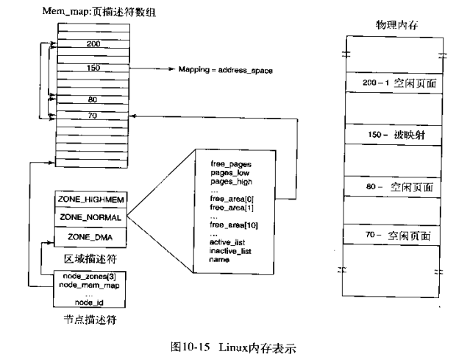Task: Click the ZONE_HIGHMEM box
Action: coord(88,200)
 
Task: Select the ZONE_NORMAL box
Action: coord(88,218)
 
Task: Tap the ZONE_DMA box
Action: coord(88,237)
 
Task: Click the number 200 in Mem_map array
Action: coord(93,45)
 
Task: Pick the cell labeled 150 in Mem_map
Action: coord(93,68)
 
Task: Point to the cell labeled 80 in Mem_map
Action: coord(93,99)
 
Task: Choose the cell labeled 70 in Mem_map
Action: coord(93,116)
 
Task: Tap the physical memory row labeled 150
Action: coord(391,135)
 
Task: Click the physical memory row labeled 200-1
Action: coord(391,83)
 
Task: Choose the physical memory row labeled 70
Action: coord(391,236)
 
